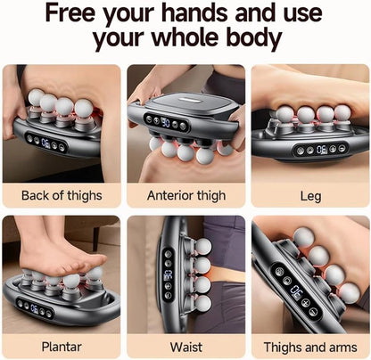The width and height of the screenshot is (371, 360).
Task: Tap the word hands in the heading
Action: (195, 14)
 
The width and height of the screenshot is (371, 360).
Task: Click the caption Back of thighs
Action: (61, 195)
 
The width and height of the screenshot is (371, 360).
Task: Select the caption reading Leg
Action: (309, 195)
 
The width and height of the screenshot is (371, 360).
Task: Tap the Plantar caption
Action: (61, 346)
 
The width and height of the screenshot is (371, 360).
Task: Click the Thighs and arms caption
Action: (309, 346)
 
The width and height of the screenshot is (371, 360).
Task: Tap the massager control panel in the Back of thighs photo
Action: (45, 141)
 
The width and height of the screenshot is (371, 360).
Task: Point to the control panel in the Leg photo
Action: (318, 150)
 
